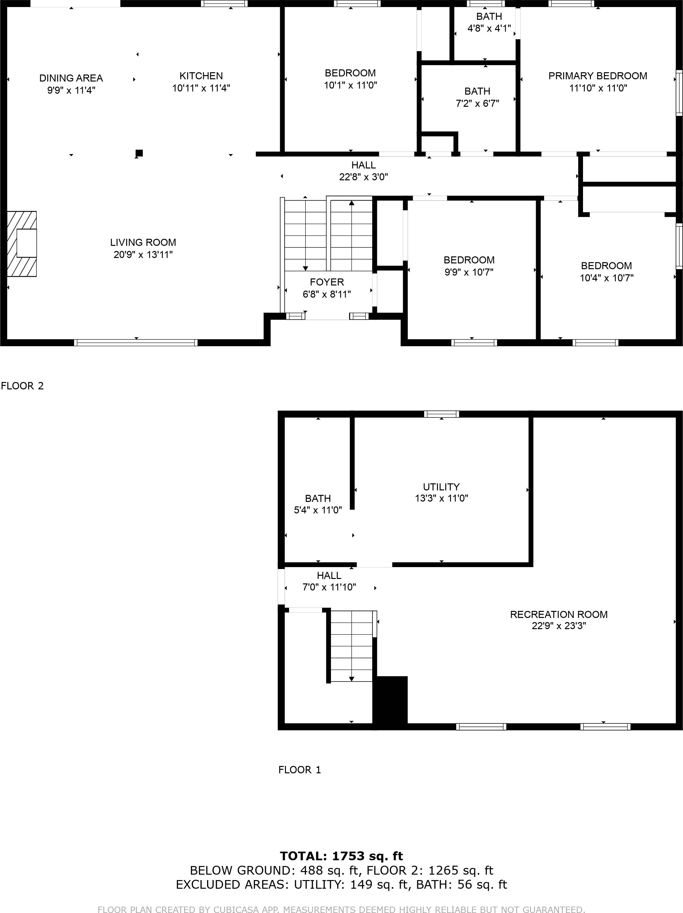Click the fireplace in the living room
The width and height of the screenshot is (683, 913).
[x=22, y=244]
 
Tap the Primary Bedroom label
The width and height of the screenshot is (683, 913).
[x=598, y=76]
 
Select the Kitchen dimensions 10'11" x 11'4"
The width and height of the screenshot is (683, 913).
[x=201, y=88]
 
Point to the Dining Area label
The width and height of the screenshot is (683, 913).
[x=71, y=78]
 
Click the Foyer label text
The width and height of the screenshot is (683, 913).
[x=327, y=282]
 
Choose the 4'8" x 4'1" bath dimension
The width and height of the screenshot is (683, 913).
[x=489, y=28]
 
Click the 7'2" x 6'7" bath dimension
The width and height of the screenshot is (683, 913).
[x=477, y=103]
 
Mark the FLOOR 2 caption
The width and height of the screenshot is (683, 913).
[x=22, y=386]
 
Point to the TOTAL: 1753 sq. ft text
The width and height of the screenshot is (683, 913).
[x=341, y=856]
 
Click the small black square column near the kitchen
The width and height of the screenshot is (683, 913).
[x=139, y=153]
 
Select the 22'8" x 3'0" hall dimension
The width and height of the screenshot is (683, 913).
[x=363, y=177]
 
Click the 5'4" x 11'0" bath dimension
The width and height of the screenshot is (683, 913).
[x=318, y=510]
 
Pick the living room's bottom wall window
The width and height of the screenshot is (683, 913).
[x=136, y=343]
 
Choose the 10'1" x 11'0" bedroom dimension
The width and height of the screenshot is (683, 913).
[x=350, y=85]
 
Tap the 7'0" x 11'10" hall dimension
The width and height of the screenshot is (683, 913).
[x=329, y=587]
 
